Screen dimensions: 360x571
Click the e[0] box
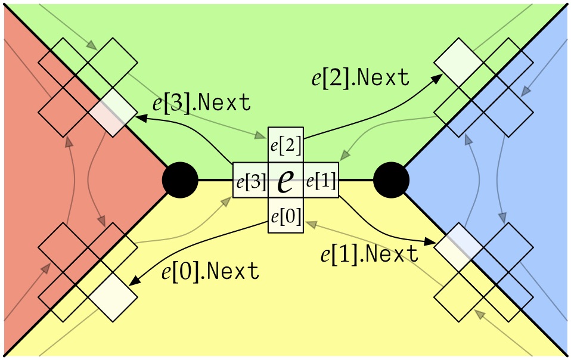286,216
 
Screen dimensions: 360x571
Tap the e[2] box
286,145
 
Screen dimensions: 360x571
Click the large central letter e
286,181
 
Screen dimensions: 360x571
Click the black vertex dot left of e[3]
180,179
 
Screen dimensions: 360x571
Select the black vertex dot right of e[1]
391,179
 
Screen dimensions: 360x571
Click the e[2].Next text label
361,77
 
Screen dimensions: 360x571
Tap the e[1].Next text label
370,255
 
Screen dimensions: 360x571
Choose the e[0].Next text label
210,271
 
